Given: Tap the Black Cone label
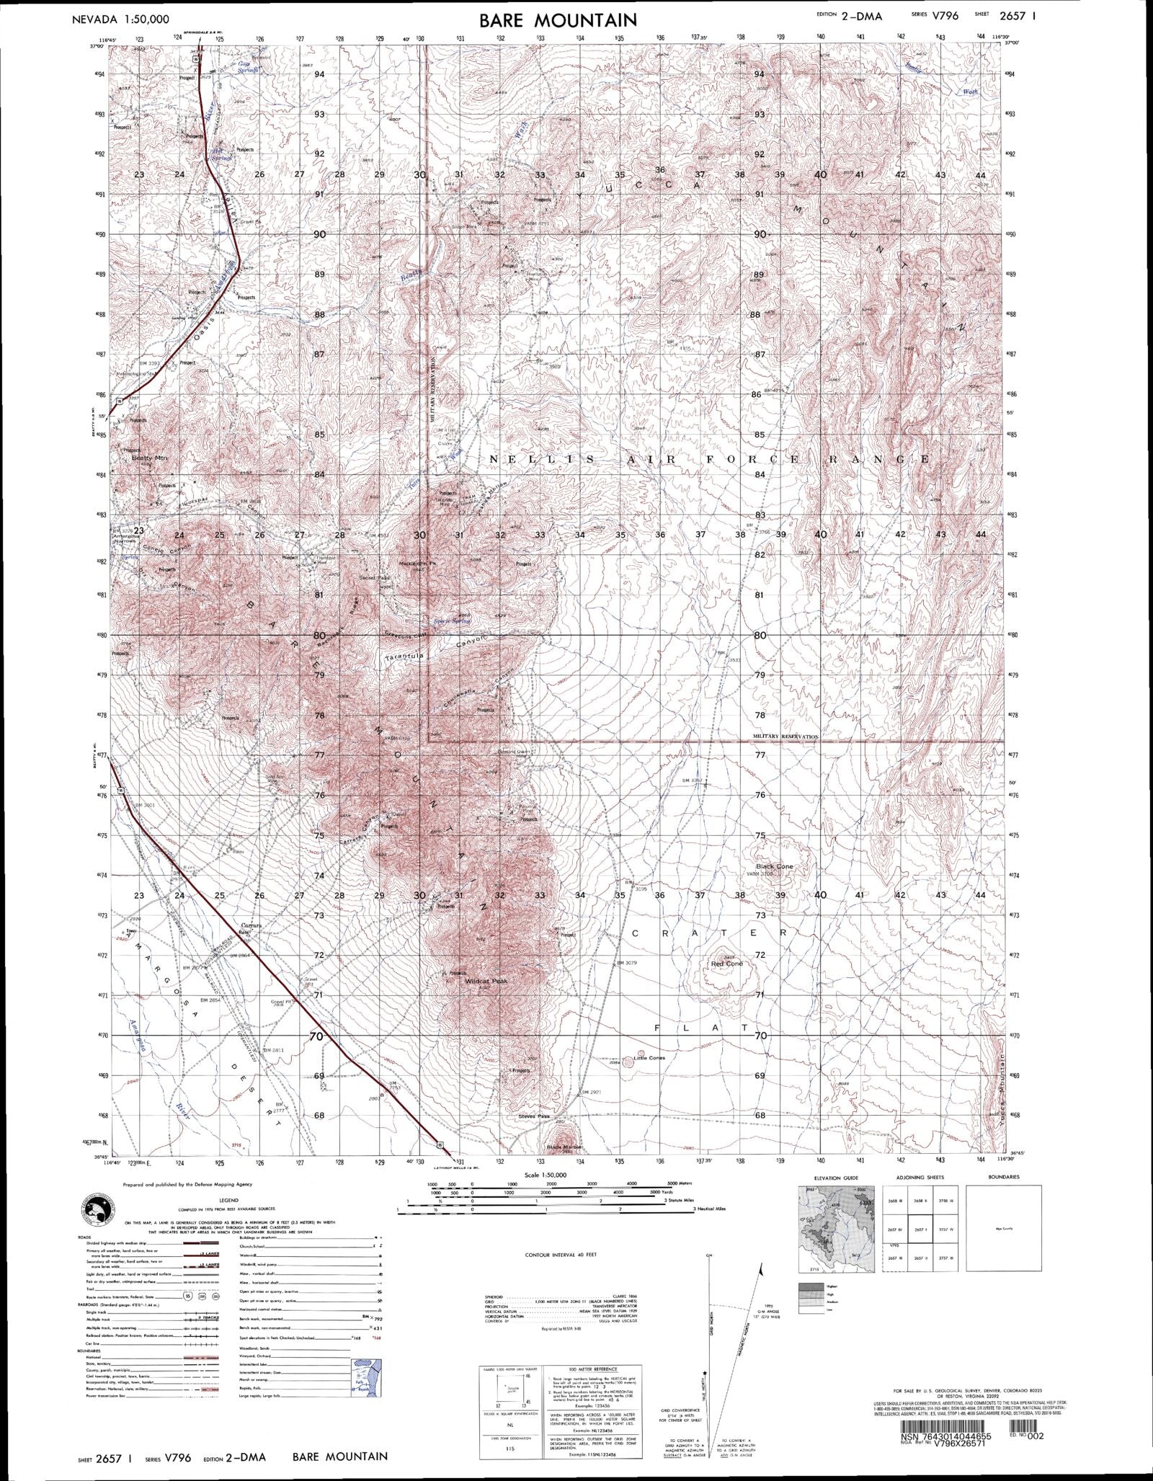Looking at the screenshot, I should tap(774, 866).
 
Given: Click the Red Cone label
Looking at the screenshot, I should tap(726, 964).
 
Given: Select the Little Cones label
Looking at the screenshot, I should tap(649, 1058).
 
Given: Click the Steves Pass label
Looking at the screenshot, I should tap(533, 1116).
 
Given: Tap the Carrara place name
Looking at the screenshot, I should tap(251, 925).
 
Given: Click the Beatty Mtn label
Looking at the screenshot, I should tap(149, 458).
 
